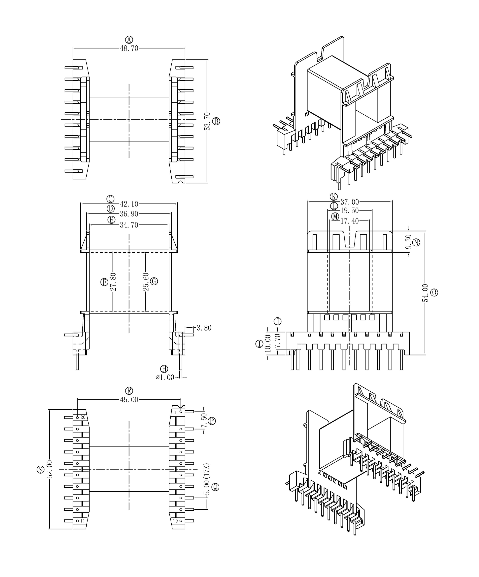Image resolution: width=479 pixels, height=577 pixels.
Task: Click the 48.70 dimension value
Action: point(129,48)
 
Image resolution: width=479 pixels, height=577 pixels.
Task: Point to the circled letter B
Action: point(216,121)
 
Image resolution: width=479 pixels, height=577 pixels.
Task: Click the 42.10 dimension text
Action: point(129,204)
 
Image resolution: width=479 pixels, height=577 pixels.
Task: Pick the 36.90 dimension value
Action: point(129,214)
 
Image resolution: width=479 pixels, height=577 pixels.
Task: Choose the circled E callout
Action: point(112,220)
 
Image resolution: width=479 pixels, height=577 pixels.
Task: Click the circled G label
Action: point(154,281)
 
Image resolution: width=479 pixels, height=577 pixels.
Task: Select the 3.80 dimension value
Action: point(204,328)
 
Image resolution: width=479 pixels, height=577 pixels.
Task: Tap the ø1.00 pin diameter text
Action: point(165,377)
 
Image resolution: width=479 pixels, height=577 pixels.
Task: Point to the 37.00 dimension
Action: point(350,202)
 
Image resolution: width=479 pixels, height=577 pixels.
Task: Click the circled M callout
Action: point(335,216)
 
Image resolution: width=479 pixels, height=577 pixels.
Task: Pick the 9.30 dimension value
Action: point(409,241)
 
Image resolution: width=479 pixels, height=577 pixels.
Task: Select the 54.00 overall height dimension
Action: point(425,293)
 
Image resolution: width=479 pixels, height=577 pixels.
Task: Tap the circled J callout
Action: point(278,321)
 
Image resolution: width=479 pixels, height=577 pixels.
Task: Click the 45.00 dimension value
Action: point(129,400)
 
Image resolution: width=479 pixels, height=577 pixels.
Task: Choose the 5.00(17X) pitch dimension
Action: point(207,479)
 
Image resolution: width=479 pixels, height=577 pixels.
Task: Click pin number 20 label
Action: point(83,417)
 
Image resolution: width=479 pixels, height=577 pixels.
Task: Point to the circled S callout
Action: point(40,470)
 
